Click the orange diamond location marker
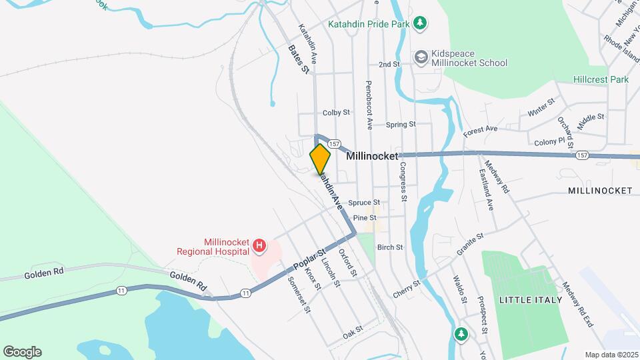click(320, 159)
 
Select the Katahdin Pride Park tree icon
click(420, 25)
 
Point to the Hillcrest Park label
click(601, 79)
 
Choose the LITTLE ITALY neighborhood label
click(535, 299)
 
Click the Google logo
click(22, 352)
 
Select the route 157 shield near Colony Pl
click(582, 155)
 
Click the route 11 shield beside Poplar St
click(246, 293)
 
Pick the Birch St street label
click(390, 247)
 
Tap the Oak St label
click(352, 329)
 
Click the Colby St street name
click(336, 113)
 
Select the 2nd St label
click(389, 65)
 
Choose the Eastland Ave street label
click(486, 191)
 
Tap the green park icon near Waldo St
click(460, 333)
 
